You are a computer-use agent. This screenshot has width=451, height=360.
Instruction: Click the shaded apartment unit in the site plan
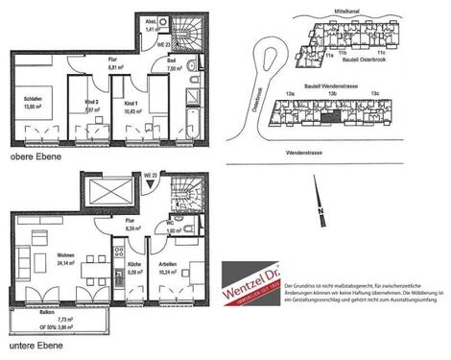point(329,115)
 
